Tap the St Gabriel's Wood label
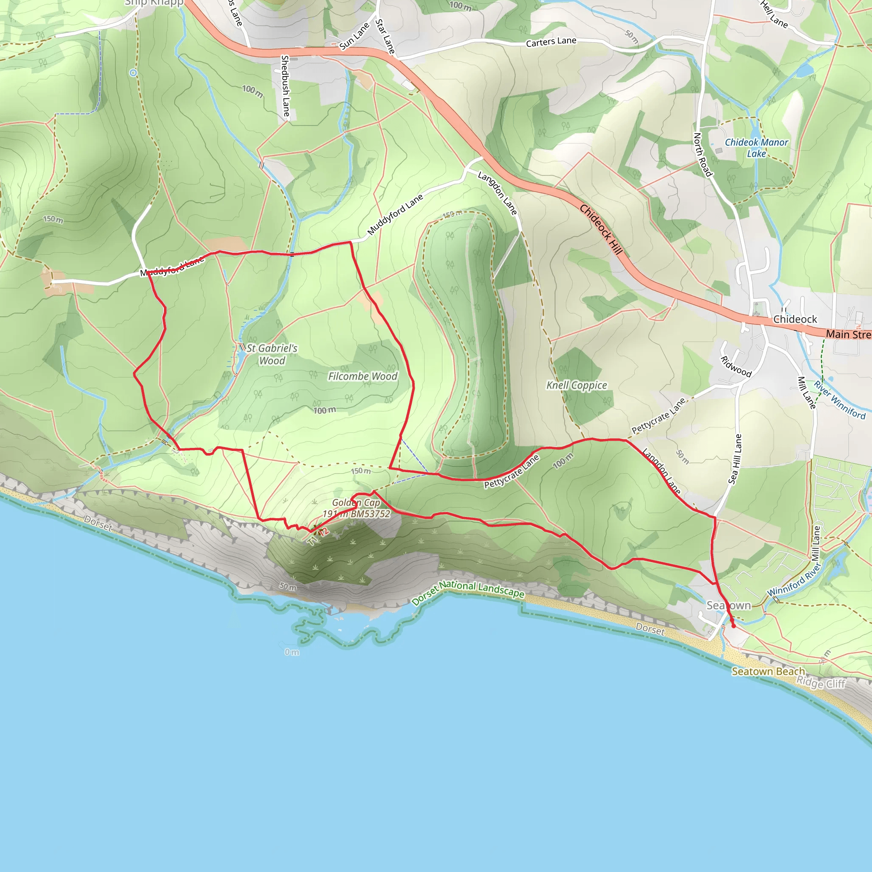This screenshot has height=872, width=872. [x=272, y=354]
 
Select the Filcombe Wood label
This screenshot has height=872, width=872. [x=362, y=376]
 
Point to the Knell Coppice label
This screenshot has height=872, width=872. [x=577, y=385]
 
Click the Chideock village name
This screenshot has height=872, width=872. [x=795, y=319]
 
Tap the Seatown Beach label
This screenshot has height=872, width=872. [x=768, y=671]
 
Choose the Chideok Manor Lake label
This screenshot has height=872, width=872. [x=757, y=148]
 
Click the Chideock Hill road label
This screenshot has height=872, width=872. [x=601, y=229]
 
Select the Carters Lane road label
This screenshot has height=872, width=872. [x=551, y=42]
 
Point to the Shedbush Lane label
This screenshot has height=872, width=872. [x=285, y=86]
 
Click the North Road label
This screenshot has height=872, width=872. [x=703, y=155]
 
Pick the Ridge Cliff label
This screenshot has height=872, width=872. [x=820, y=683]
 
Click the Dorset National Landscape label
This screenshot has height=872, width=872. [x=468, y=592]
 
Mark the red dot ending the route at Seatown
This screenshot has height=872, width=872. [x=734, y=626]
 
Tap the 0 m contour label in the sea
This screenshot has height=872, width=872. [x=292, y=652]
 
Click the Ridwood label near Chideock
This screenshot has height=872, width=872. [x=736, y=367]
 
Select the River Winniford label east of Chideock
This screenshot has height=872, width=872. [x=840, y=400]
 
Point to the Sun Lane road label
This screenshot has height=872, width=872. [x=354, y=36]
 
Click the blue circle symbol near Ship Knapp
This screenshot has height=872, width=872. [x=133, y=73]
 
